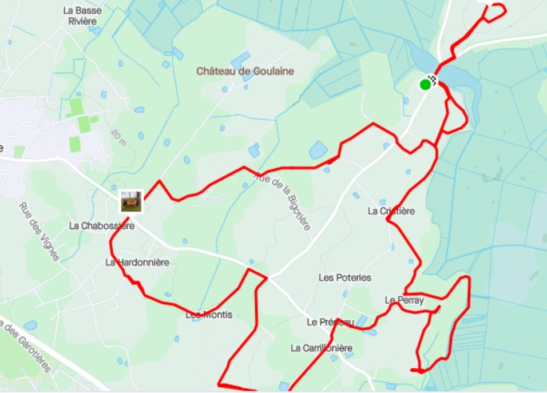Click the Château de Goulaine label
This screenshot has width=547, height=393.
pos(245,72)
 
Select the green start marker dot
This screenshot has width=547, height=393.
pos(425,85)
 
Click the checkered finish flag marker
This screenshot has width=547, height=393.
pos(433,80)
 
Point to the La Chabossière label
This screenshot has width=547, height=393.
pos(101,225)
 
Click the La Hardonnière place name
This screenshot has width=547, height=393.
pos(137,262)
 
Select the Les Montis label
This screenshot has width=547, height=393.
pos(209,315)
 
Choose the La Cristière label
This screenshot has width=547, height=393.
pos(391,211)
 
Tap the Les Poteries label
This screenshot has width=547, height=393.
pos(344,277)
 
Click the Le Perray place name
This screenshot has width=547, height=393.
pos(404,300)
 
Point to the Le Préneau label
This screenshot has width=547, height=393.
pos(330,322)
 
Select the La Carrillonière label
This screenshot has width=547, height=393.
pos(321,348)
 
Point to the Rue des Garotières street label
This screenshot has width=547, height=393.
pos(26,346)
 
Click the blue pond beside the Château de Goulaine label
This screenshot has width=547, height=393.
pos(240,59)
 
